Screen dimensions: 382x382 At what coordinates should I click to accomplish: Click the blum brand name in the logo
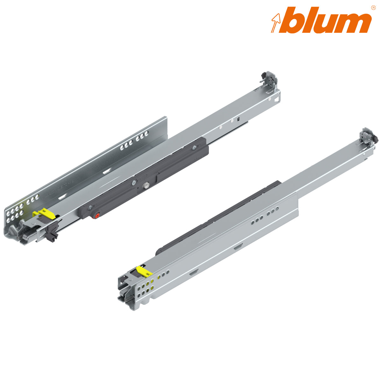(328, 20)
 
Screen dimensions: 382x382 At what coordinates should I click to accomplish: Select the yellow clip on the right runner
(144, 271)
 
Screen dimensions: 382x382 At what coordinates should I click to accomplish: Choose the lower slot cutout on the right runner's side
(193, 273)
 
